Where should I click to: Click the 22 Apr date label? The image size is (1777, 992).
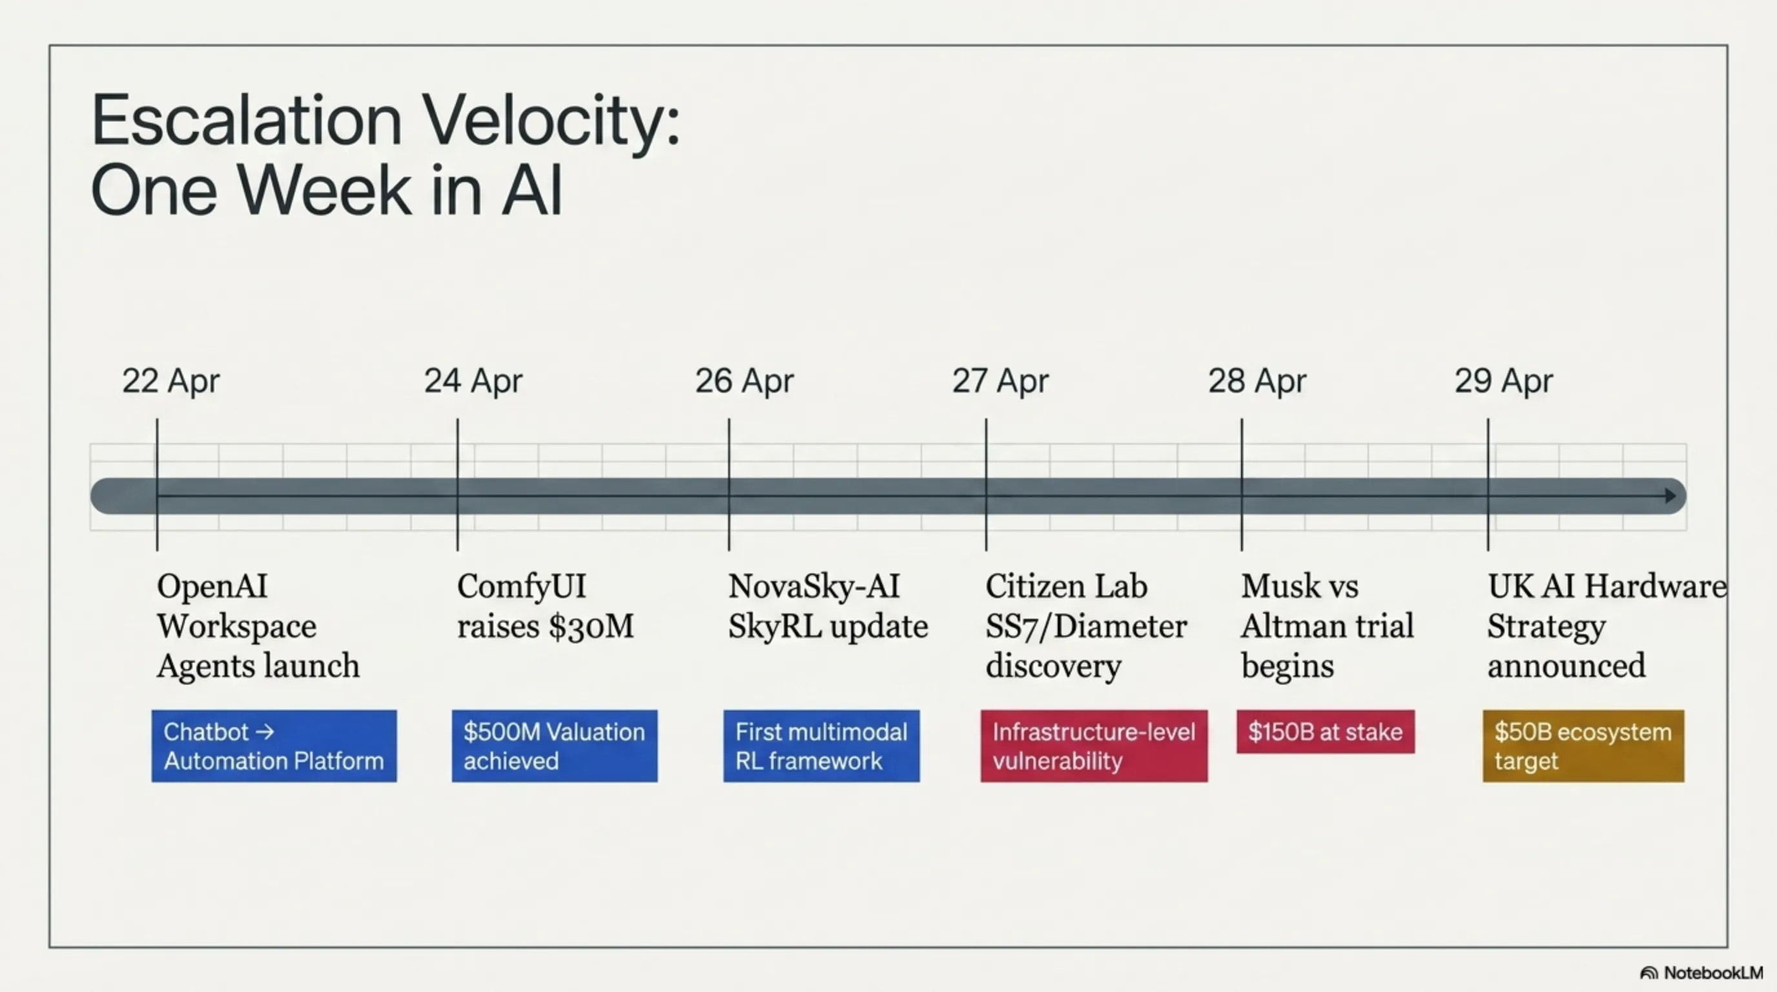pos(171,381)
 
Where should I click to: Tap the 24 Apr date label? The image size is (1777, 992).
pos(473,381)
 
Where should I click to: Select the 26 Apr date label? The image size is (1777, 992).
pos(745,381)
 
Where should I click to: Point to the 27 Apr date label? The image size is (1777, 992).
pos(1000,381)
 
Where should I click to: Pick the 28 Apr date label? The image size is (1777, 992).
pos(1257,381)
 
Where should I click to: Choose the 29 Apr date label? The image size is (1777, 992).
pos(1504,381)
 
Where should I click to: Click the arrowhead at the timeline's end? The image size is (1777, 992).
pos(1670,495)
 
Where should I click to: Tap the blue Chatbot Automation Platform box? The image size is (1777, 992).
pos(274,746)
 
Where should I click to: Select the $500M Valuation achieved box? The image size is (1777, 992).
pos(555,746)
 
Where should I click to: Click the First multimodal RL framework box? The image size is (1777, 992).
pos(821,746)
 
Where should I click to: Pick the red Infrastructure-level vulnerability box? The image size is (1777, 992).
pos(1094,746)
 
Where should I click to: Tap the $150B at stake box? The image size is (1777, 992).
pos(1325,731)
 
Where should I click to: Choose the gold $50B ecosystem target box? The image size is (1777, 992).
pos(1583,746)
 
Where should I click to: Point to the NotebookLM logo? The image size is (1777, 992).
pos(1702,973)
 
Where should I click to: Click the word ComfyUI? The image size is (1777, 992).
pos(522,586)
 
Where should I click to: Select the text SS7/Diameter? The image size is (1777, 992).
pos(1086,626)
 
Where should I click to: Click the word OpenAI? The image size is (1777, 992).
pos(212,586)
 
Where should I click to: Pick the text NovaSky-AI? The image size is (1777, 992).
pos(814,586)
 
